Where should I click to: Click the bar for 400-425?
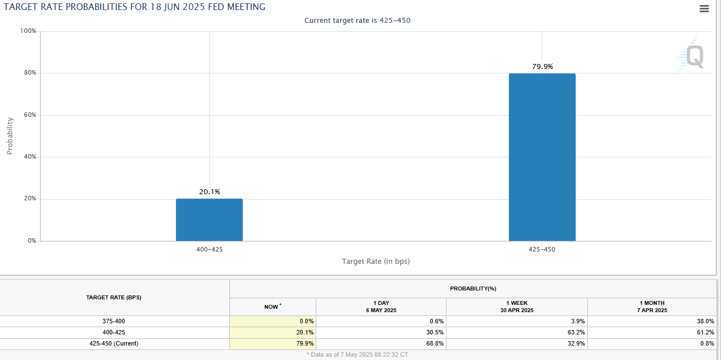pyautogui.click(x=209, y=220)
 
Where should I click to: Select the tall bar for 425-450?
pyautogui.click(x=542, y=157)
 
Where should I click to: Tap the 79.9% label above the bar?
pyautogui.click(x=542, y=66)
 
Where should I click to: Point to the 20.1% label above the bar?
pyautogui.click(x=209, y=192)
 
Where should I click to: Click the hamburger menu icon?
pyautogui.click(x=704, y=8)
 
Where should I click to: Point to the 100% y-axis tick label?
pyautogui.click(x=28, y=31)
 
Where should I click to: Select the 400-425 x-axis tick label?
pyautogui.click(x=209, y=249)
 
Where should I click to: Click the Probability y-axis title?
pyautogui.click(x=10, y=136)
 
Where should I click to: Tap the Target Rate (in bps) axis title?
pyautogui.click(x=376, y=261)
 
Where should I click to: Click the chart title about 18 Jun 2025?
pyautogui.click(x=134, y=7)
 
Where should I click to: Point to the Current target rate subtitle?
pyautogui.click(x=357, y=21)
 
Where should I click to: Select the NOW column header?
pyautogui.click(x=272, y=307)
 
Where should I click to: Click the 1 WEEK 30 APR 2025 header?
pyautogui.click(x=516, y=307)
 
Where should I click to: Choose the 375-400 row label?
pyautogui.click(x=114, y=321)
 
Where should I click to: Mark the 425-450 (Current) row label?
pyautogui.click(x=114, y=343)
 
